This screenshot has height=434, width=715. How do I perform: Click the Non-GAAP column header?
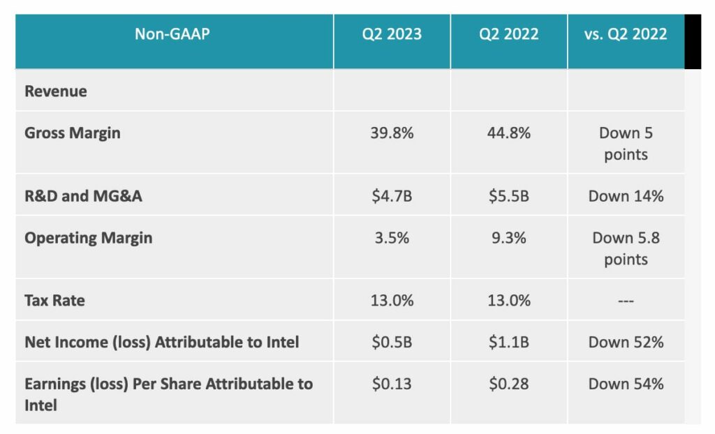[x=172, y=34]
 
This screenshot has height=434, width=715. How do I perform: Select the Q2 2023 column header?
[x=392, y=34]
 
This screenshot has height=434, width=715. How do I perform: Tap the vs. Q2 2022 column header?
[x=626, y=34]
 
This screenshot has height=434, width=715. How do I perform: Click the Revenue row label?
[x=56, y=91]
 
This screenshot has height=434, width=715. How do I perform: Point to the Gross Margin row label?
[x=73, y=133]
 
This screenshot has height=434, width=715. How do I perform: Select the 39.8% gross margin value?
[x=392, y=133]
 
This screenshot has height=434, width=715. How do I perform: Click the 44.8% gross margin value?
[x=509, y=133]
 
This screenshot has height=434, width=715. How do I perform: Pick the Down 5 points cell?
[x=626, y=143]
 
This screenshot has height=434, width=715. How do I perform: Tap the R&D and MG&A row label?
[x=83, y=195]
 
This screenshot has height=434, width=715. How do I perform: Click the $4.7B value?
[x=392, y=195]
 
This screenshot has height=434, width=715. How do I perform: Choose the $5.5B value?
[x=509, y=195]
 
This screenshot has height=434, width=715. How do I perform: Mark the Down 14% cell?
[x=626, y=195]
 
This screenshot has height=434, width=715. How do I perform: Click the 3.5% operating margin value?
[x=392, y=237]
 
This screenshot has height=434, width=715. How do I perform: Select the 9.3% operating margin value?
[x=509, y=237]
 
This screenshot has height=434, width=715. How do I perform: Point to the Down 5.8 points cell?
[x=626, y=248]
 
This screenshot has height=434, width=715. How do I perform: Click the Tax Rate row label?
[x=54, y=300]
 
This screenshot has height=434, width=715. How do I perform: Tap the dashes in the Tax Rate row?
[x=626, y=301]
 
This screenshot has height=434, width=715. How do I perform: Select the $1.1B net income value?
[x=509, y=342]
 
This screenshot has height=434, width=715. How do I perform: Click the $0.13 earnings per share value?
[x=392, y=384]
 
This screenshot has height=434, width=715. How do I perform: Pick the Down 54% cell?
[x=626, y=384]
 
